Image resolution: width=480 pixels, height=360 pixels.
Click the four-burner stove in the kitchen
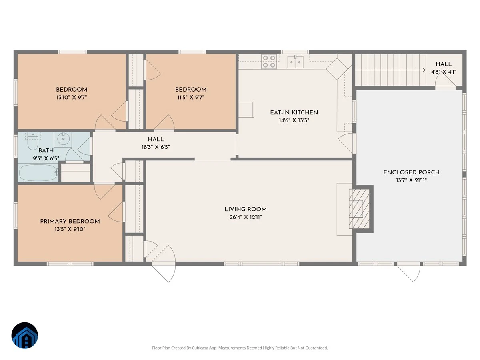click(x=269, y=62)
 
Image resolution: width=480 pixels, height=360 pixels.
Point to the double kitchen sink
click(x=295, y=62)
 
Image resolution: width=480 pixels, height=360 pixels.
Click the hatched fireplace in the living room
click(x=359, y=209)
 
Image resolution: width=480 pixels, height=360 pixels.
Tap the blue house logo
click(x=25, y=335)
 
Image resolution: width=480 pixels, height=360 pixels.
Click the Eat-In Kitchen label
click(x=294, y=112)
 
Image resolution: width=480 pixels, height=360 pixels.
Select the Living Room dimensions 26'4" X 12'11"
click(x=246, y=217)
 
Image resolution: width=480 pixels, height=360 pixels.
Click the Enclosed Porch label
click(x=411, y=172)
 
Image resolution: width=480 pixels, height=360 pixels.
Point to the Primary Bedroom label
click(x=70, y=221)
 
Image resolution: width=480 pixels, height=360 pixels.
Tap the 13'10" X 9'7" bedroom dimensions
click(x=72, y=97)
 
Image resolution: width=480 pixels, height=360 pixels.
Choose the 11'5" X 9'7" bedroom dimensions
click(x=191, y=97)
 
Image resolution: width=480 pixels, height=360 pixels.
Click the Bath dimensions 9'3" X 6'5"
click(x=46, y=158)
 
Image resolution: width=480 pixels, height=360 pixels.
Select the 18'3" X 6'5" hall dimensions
click(x=156, y=147)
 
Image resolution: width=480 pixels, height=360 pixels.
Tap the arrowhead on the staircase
click(x=424, y=70)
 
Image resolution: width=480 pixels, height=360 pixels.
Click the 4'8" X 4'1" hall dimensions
click(x=444, y=72)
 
